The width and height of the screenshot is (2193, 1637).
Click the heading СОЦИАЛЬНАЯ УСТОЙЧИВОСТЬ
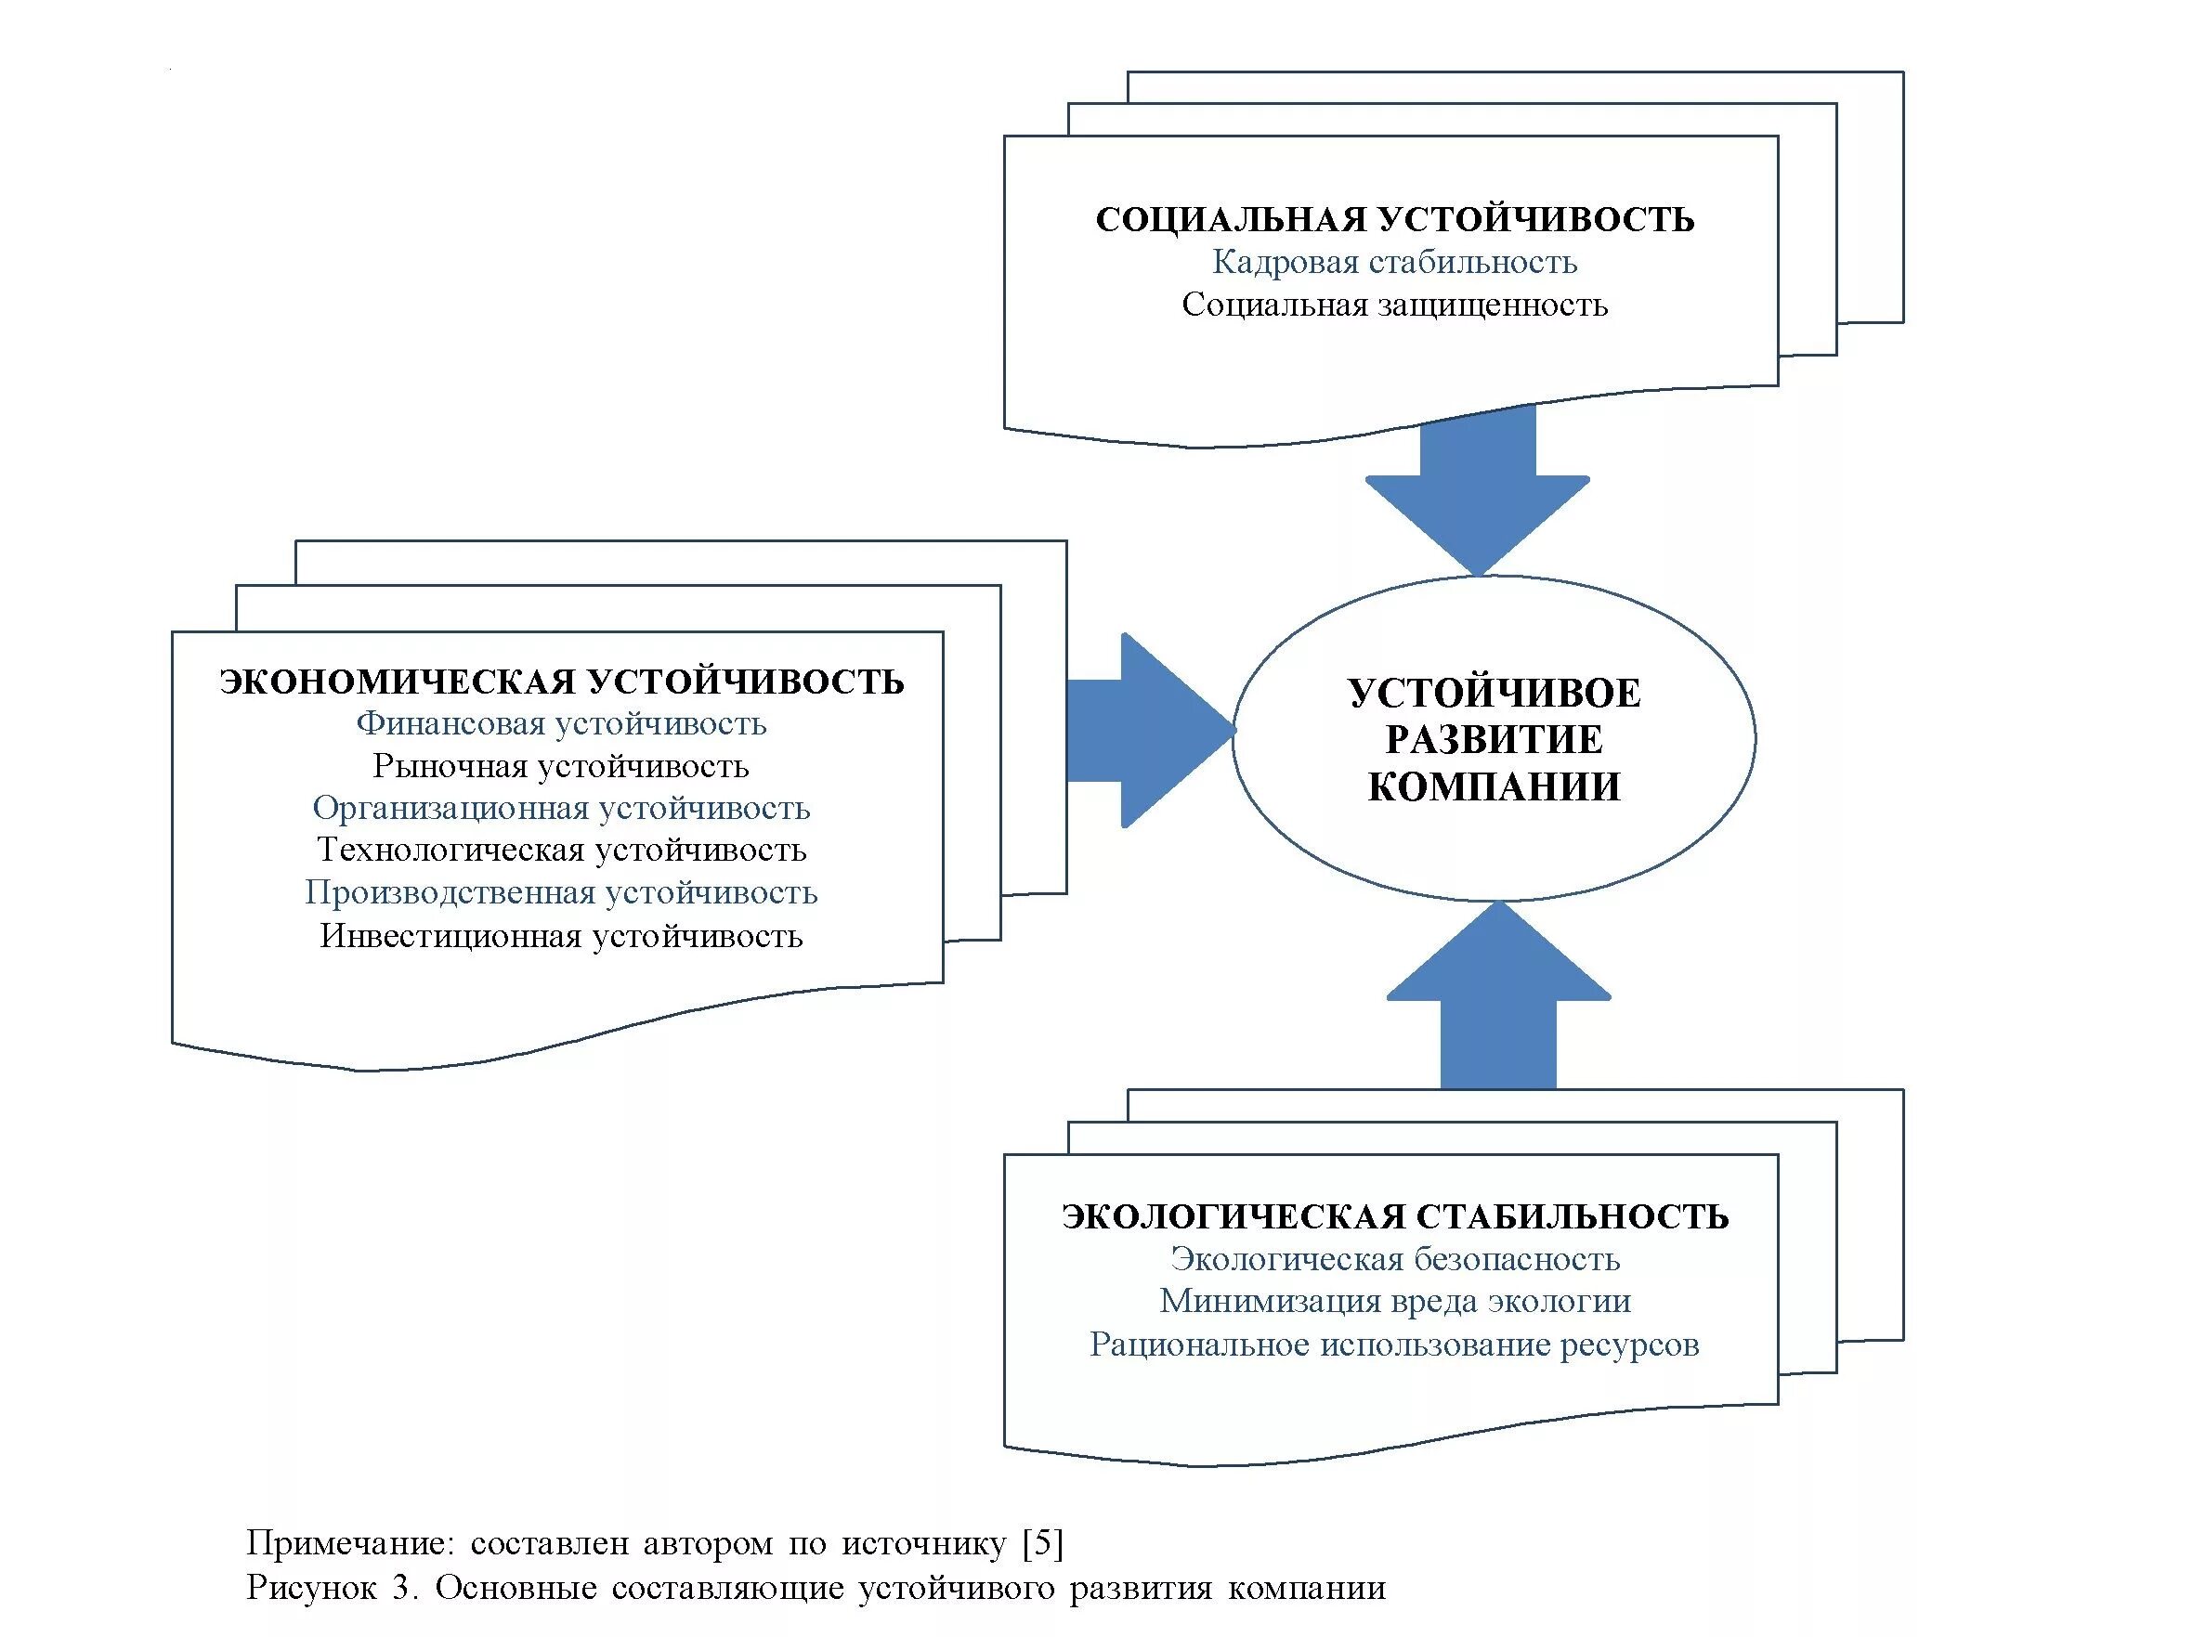point(1394,219)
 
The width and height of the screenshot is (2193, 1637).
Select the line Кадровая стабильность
point(1394,263)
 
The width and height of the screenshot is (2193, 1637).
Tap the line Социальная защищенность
point(1394,305)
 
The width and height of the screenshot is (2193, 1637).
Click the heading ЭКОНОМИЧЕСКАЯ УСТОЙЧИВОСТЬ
point(562,682)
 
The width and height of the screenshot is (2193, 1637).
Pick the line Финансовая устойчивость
point(562,724)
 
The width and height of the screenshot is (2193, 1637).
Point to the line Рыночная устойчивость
point(562,767)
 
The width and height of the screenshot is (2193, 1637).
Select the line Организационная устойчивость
point(562,809)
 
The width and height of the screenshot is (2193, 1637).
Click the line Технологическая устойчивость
point(562,851)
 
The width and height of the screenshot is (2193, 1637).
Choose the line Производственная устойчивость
point(562,893)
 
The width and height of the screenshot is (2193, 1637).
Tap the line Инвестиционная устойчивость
point(562,936)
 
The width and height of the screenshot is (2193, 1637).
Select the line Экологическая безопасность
point(1394,1259)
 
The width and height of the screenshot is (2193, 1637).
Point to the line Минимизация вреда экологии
point(1394,1301)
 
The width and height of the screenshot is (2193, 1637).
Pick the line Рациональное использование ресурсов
point(1394,1345)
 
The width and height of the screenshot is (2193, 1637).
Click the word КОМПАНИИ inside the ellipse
point(1494,786)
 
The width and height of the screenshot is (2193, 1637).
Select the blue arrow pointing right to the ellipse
point(1150,732)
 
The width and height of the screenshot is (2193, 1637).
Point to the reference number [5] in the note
point(1042,1543)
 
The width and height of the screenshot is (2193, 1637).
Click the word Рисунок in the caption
point(311,1588)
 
